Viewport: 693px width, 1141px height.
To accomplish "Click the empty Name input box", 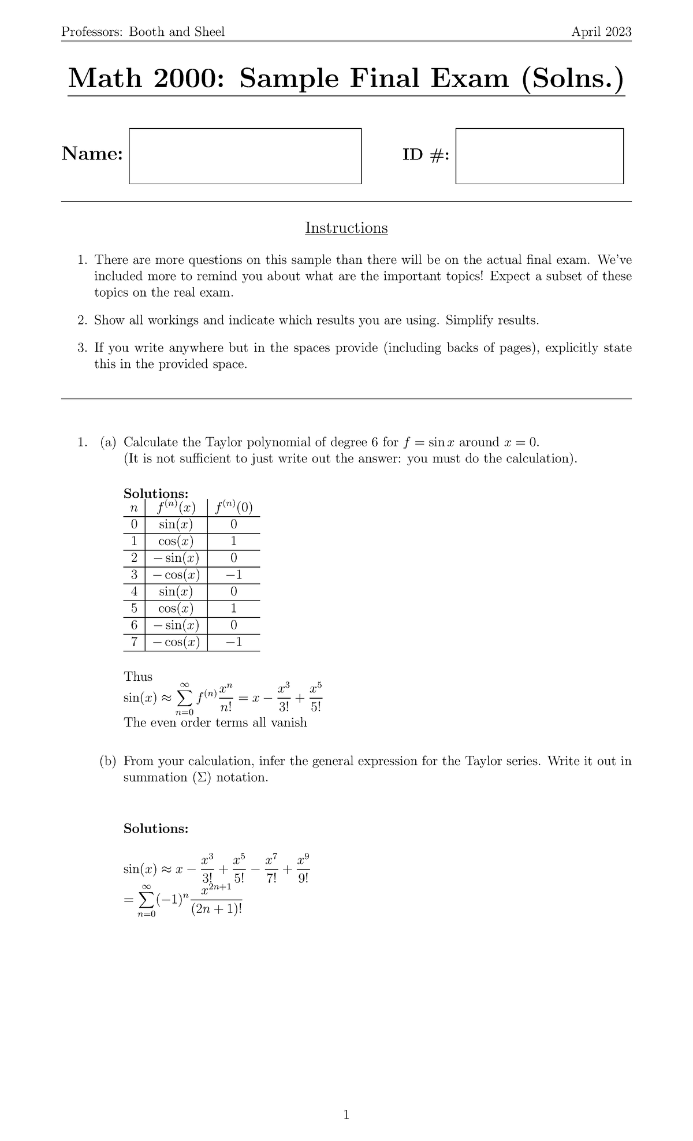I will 245,156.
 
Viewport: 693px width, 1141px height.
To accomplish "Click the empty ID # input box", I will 539,156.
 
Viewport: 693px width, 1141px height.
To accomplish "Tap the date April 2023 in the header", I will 601,32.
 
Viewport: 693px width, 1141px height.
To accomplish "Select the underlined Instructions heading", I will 346,228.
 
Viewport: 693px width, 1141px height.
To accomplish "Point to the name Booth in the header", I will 147,32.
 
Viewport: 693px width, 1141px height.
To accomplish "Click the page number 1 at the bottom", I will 346,1115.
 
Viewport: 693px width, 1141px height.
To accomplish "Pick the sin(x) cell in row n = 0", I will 176,525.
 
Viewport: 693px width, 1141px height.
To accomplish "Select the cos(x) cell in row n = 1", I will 176,542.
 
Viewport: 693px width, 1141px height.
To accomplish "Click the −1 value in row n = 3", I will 233,575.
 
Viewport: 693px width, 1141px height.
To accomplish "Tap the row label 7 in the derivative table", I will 134,642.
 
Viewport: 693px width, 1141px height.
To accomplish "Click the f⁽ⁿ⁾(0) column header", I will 233,508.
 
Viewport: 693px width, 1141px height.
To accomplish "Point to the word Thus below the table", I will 138,676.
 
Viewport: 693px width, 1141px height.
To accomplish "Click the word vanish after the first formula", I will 286,723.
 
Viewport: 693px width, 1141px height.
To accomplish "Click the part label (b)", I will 108,761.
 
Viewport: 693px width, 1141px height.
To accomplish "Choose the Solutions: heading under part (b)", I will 156,829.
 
